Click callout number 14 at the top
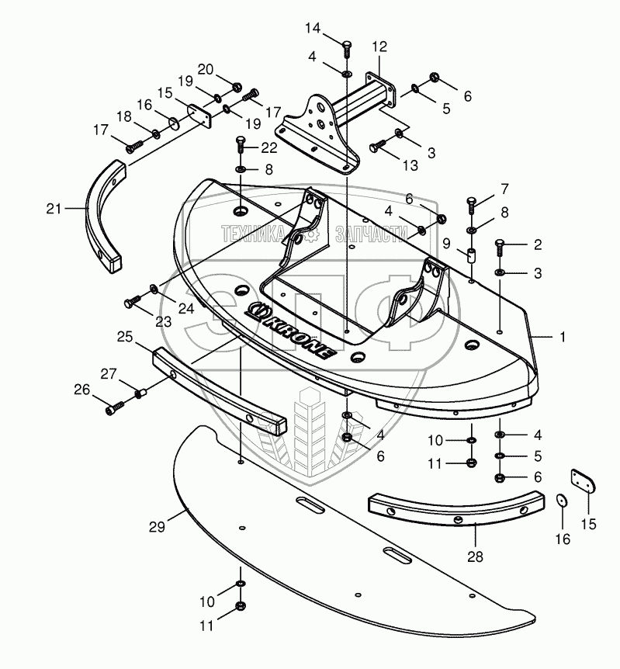pos(312,29)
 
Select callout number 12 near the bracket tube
pos(379,47)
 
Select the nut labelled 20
pos(238,86)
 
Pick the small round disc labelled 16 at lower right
pos(560,502)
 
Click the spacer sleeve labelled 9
pos(469,255)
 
